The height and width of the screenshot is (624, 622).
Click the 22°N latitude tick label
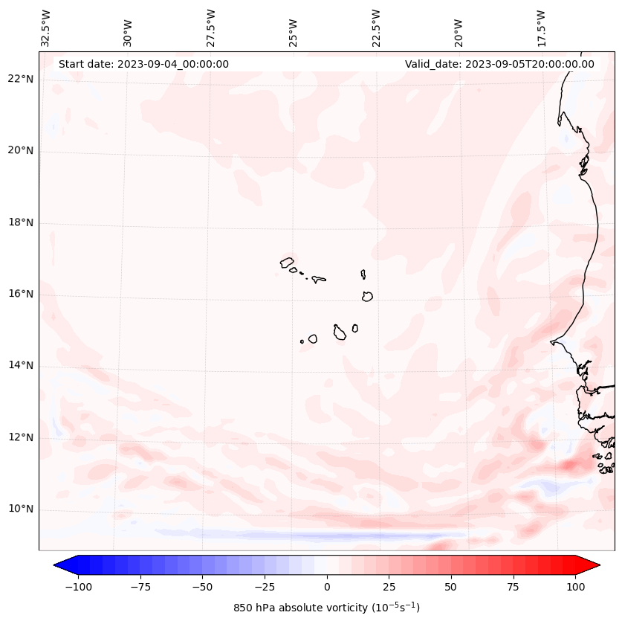[x=21, y=79]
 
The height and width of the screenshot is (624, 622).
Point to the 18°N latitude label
[x=21, y=222]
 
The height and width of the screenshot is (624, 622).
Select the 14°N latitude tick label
[x=21, y=365]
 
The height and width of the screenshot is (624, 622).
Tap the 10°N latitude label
[x=21, y=509]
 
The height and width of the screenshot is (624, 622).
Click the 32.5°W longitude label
[x=46, y=28]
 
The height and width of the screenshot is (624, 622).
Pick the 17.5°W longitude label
[x=541, y=28]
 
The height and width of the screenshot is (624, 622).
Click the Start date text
[x=143, y=64]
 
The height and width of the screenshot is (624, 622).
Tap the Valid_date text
[x=499, y=64]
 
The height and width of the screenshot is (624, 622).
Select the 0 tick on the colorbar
[x=327, y=587]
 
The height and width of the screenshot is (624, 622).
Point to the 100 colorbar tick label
[x=575, y=587]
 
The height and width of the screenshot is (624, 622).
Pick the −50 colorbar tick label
[x=202, y=587]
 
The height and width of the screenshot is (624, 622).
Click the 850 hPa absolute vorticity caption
[x=326, y=608]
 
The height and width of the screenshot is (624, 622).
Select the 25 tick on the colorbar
[x=389, y=587]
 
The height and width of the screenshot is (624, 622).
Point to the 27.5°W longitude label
[x=211, y=28]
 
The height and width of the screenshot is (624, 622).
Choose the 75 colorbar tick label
[x=513, y=587]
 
